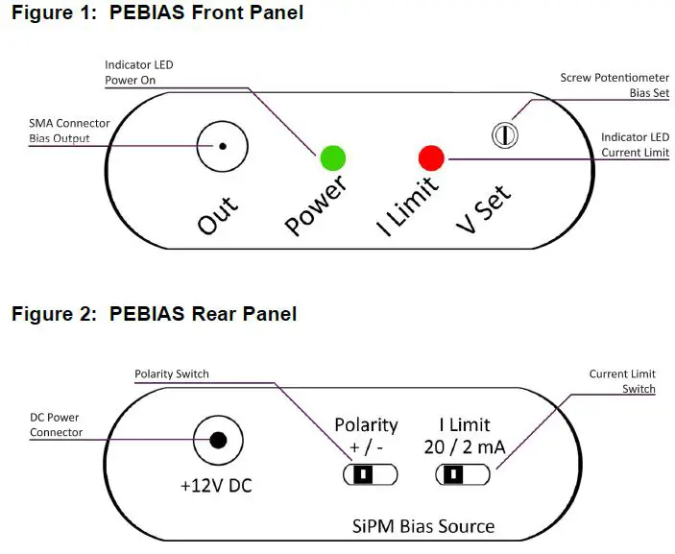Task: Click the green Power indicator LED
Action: tap(332, 157)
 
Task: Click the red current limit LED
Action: tap(430, 157)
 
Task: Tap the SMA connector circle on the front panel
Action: tap(223, 146)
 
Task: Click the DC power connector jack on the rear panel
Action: tap(219, 441)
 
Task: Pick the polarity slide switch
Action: tap(370, 473)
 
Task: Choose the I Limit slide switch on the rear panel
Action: tap(463, 473)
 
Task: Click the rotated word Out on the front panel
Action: tap(218, 210)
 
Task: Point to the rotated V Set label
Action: tap(483, 206)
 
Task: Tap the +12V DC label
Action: tap(216, 486)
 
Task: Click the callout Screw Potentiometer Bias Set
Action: tap(615, 85)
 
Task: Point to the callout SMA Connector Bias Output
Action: tap(68, 131)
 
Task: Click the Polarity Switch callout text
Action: tap(171, 373)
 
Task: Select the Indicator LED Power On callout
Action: tap(139, 73)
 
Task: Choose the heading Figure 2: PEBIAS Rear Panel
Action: tap(154, 314)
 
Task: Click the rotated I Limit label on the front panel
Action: tap(406, 204)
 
